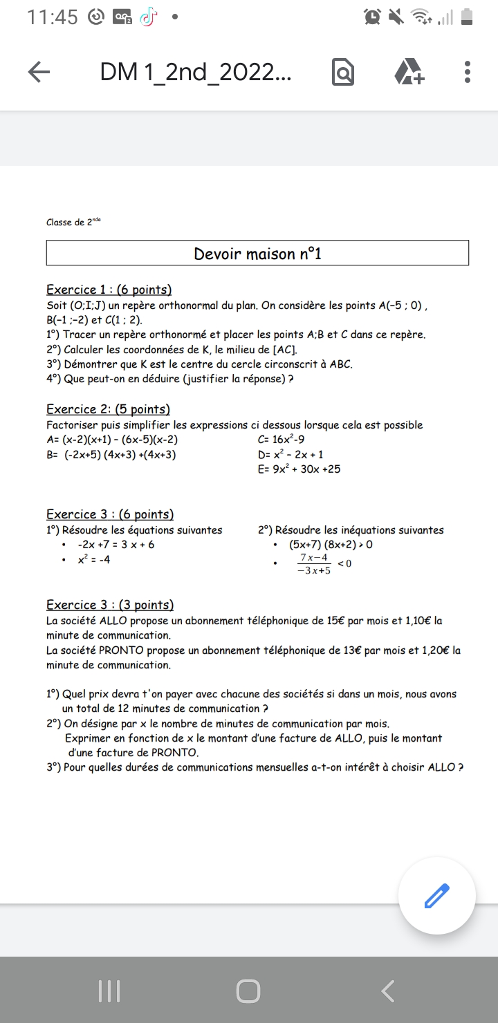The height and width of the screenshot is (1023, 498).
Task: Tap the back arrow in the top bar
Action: pos(39,73)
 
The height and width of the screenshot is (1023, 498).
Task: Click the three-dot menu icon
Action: pos(468,72)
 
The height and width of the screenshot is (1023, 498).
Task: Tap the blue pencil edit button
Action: pos(436,896)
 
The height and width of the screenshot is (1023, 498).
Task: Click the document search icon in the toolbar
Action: pos(342,73)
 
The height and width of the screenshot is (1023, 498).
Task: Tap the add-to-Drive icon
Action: pos(409,72)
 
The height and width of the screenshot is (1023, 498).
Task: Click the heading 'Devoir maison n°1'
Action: pos(257,254)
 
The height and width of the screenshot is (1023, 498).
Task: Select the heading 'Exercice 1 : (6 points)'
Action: pos(109,290)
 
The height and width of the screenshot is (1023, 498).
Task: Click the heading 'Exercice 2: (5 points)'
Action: pos(108,409)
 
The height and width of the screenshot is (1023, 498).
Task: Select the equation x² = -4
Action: pos(93,560)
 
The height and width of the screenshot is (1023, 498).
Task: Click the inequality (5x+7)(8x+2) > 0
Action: pos(331,545)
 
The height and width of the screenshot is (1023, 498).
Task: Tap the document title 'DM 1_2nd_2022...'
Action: pos(196,72)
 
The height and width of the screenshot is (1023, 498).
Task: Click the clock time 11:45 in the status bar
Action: pos(53,17)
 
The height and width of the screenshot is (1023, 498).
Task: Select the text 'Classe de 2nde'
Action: pos(73,223)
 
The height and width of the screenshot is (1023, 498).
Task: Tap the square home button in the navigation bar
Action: pos(248,991)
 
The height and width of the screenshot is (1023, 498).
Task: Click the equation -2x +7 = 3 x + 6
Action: pos(116,545)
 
